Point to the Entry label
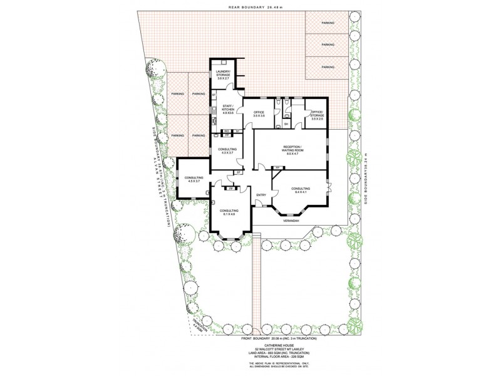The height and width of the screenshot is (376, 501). pos(261,195)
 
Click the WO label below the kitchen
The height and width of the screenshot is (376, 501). pos(219,131)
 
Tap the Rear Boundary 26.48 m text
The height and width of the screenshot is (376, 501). pos(253,8)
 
